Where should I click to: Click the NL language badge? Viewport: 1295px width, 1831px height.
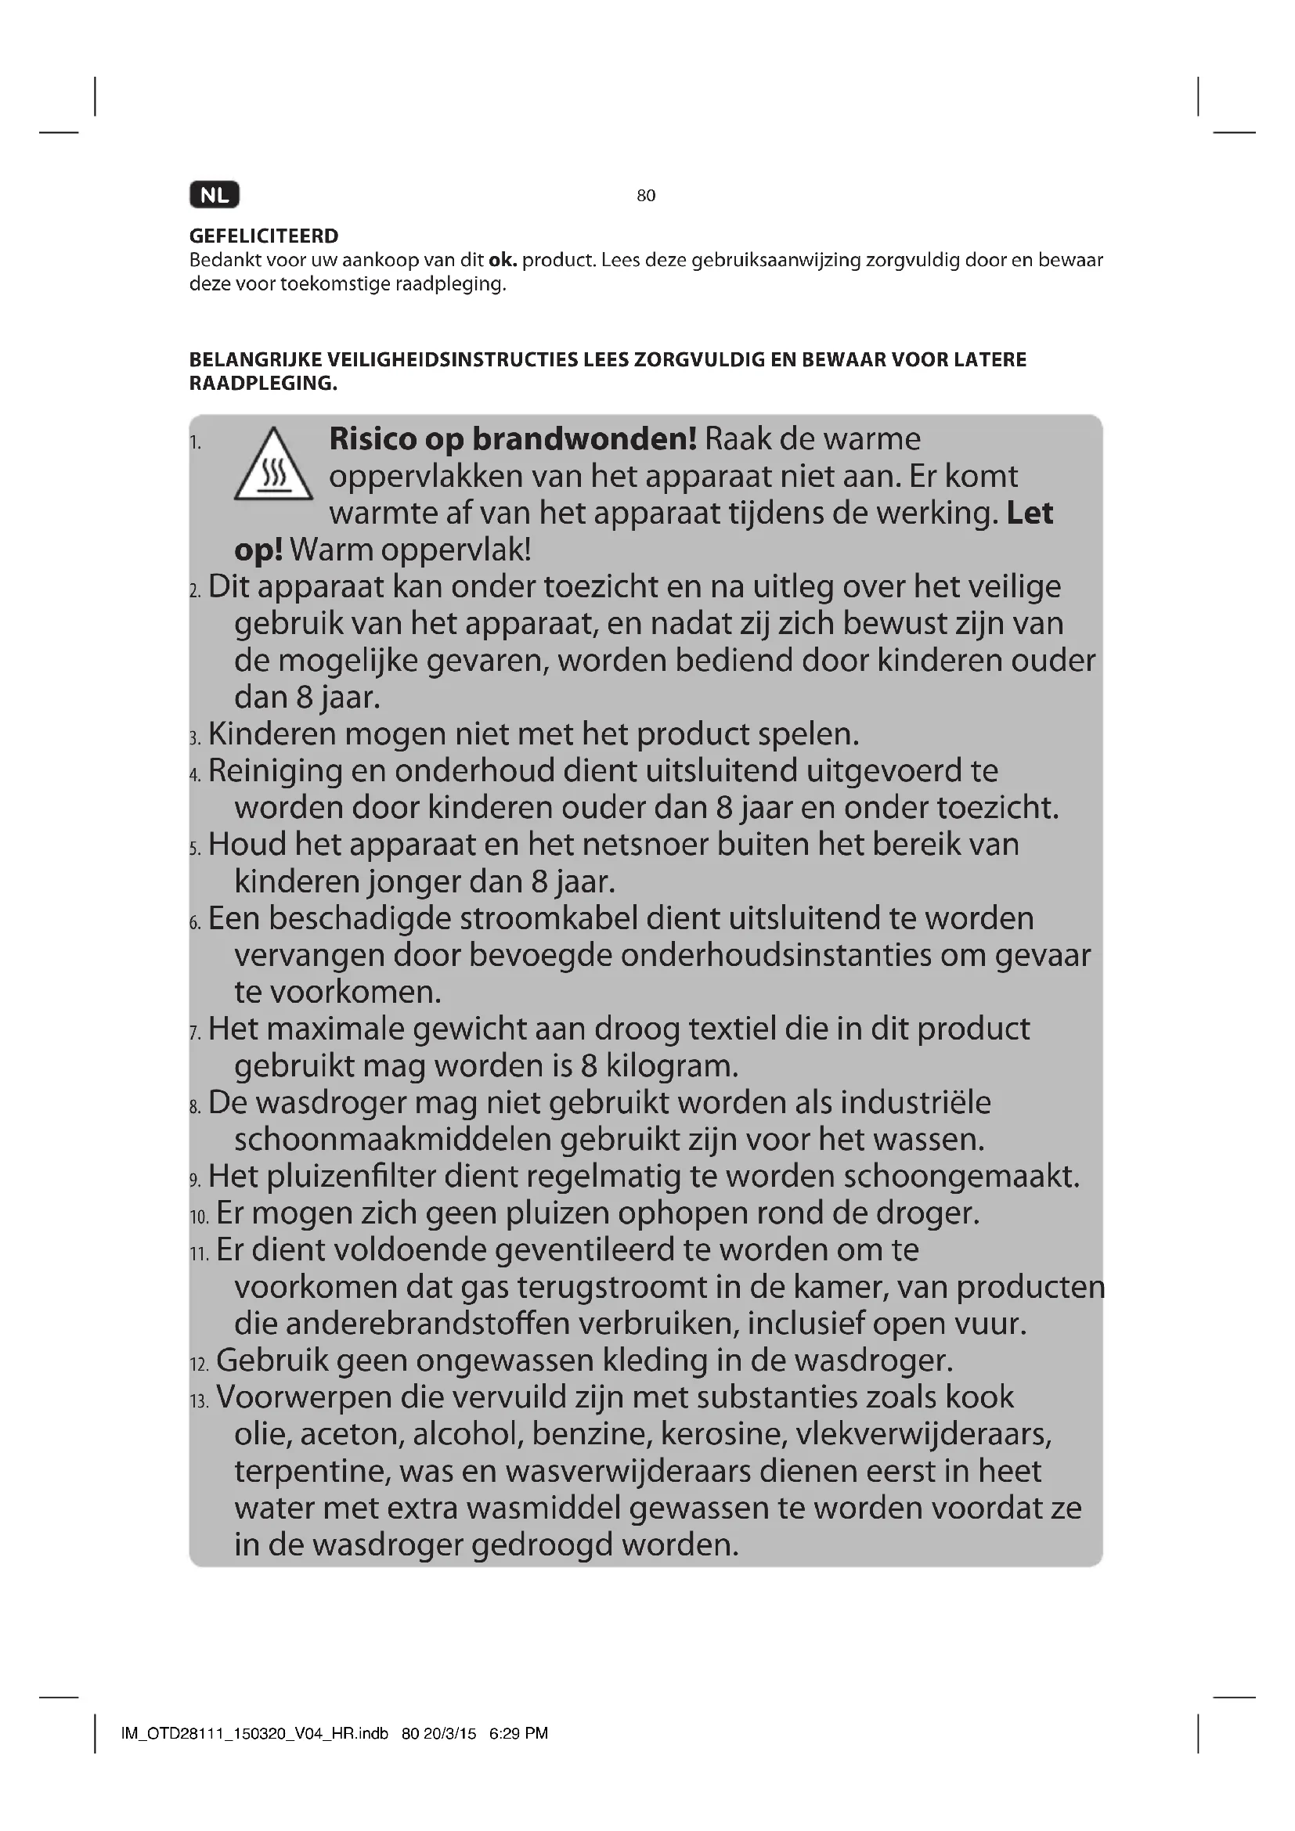(x=215, y=196)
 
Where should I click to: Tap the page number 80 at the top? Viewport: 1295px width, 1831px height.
(x=646, y=196)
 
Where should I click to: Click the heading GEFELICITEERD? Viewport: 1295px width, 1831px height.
(x=264, y=236)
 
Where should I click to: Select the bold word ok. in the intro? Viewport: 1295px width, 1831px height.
(x=503, y=260)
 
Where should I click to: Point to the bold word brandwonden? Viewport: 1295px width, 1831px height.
(x=585, y=438)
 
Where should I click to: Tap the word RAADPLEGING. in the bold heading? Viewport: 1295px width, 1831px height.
(x=263, y=384)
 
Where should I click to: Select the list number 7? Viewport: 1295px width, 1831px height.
(x=196, y=1033)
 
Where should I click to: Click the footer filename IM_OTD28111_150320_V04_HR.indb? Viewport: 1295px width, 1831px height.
(x=254, y=1733)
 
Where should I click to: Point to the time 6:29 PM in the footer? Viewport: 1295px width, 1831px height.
(x=518, y=1733)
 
